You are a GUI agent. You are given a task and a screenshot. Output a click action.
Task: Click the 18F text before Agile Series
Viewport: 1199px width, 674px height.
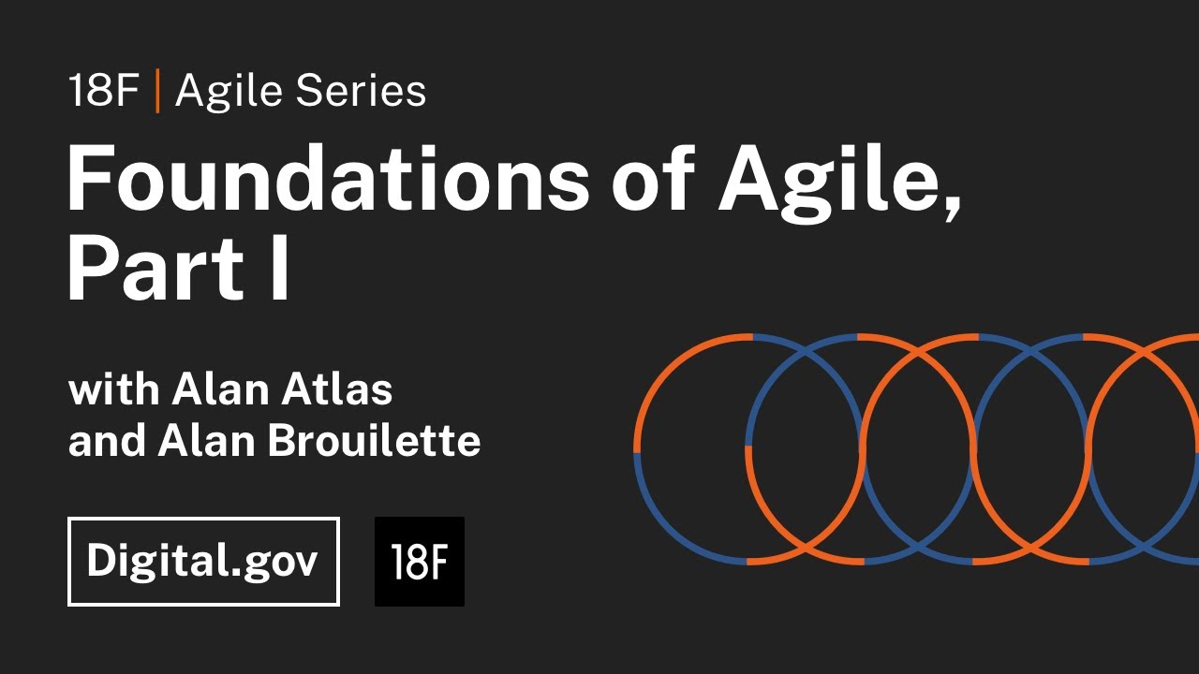pyautogui.click(x=103, y=92)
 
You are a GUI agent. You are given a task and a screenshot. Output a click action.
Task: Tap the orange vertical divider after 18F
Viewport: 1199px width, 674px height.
pyautogui.click(x=157, y=92)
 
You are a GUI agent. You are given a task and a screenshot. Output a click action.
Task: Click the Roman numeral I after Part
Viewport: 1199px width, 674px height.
pyautogui.click(x=279, y=269)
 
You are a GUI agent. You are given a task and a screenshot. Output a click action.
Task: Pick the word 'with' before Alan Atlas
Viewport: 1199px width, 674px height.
pyautogui.click(x=113, y=388)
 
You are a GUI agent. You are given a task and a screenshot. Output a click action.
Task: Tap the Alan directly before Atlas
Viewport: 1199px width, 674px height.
pyautogui.click(x=223, y=388)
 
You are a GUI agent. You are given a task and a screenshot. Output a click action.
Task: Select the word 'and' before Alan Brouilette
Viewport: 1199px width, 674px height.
pyautogui.click(x=107, y=441)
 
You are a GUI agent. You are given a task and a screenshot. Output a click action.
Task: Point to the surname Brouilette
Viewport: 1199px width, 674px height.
pyautogui.click(x=375, y=441)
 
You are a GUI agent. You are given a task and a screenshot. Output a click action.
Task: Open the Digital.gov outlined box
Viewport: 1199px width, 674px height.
pyautogui.click(x=203, y=562)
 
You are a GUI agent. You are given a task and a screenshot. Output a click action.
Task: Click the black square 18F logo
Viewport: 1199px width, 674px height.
pyautogui.click(x=419, y=562)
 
